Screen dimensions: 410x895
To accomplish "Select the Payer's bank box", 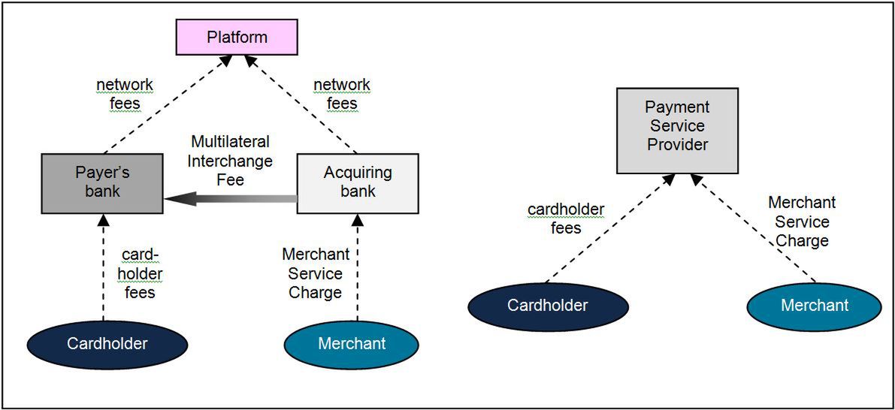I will coord(102,182).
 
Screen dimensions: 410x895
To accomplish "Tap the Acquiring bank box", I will coord(358,182).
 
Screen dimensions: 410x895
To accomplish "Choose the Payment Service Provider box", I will coord(677,126).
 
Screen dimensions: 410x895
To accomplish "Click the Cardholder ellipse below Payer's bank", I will coord(107,345).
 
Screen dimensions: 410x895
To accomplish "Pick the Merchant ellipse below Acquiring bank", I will coord(352,345).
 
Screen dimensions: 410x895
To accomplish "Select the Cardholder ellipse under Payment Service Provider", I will coord(548,306).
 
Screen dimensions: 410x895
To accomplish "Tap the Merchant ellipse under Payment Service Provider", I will coord(815,306).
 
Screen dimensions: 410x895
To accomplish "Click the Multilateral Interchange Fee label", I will coord(230,160).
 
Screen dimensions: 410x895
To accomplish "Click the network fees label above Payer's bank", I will coord(125,95).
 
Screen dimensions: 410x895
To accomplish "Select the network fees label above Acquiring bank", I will coord(341,95).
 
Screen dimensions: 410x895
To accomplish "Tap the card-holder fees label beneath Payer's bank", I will coord(140,274).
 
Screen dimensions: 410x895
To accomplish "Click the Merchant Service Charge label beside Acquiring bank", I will coord(315,274).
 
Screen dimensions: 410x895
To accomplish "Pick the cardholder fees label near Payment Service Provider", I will coord(566,219).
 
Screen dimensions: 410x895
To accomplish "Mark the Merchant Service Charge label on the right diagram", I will coord(802,222).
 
